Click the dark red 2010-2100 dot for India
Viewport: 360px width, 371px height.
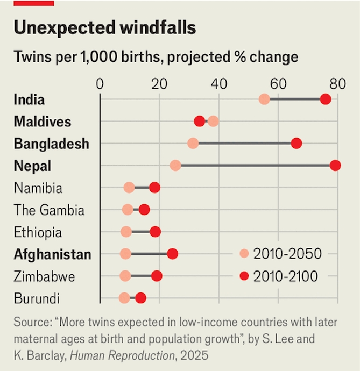click(326, 99)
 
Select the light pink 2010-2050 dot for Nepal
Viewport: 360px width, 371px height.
click(175, 165)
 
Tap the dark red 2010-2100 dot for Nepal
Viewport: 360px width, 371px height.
click(335, 165)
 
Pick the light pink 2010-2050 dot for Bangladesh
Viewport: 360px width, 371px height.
click(193, 143)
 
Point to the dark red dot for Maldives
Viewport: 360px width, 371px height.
click(200, 121)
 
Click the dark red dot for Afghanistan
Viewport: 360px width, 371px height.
click(173, 254)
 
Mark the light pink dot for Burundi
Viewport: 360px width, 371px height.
click(124, 298)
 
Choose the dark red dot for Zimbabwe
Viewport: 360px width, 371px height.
click(157, 276)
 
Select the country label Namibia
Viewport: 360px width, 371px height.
click(38, 188)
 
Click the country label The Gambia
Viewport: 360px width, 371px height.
click(49, 210)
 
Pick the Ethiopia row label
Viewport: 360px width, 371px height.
click(38, 232)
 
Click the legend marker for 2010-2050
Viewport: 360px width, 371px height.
click(244, 254)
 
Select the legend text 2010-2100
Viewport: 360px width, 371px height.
click(286, 276)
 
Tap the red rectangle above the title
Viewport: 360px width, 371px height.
click(34, 3)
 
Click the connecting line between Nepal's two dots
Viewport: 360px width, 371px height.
click(256, 165)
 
